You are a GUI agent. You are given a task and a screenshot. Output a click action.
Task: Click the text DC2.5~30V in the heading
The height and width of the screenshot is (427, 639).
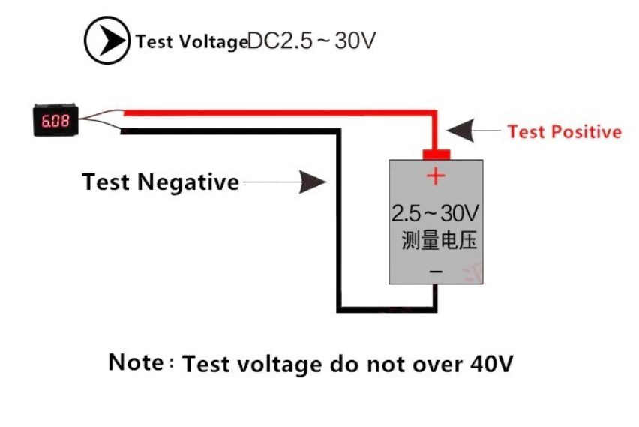point(310,41)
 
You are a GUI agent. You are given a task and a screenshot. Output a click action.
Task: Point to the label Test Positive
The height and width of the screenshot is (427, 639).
point(564,132)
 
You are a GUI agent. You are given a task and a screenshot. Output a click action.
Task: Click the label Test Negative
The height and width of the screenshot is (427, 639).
point(160,182)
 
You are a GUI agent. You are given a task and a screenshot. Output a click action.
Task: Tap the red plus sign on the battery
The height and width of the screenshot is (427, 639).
point(436,176)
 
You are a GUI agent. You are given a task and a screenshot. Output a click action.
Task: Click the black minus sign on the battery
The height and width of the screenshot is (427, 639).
point(436,271)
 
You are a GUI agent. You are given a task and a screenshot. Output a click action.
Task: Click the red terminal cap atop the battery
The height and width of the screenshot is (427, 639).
point(436,154)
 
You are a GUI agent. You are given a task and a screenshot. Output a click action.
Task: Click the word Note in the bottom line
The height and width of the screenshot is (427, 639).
point(136,362)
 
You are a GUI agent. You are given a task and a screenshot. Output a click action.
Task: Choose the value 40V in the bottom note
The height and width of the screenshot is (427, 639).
point(491,365)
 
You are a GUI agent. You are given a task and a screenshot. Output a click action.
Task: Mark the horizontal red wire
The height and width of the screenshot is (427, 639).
point(277,113)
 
